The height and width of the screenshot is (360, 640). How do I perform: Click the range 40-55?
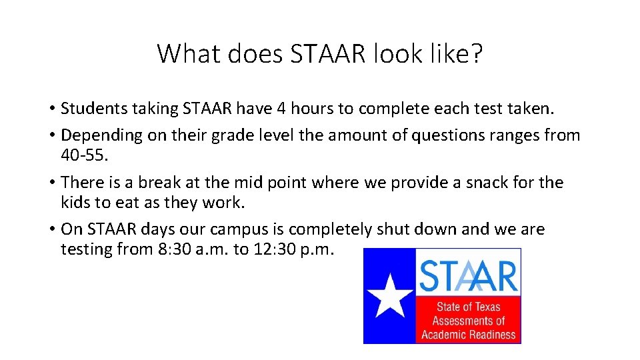pos(83,155)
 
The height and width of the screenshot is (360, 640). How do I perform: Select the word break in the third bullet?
pos(148,182)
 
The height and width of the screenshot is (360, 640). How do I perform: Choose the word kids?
pos(73,202)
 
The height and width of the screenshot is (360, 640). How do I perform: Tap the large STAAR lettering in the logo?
pos(468,275)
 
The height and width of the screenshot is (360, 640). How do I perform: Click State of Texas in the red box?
pos(468,307)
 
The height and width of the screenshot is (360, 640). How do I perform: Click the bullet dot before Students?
pos(51,109)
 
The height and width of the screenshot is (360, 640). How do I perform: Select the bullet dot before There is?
pos(51,183)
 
